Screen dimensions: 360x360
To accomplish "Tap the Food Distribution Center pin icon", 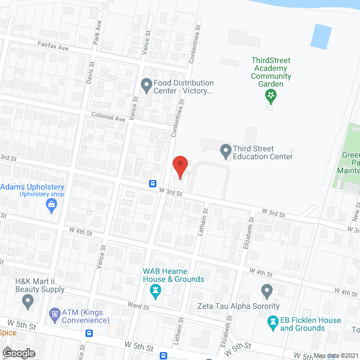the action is pyautogui.click(x=147, y=86).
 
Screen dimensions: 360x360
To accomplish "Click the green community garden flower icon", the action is pyautogui.click(x=271, y=96).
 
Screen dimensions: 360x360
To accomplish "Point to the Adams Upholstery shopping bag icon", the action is pyautogui.click(x=51, y=206).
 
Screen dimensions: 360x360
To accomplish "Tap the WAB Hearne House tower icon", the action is pyautogui.click(x=156, y=291).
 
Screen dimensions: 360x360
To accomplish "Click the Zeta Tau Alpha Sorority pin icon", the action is pyautogui.click(x=267, y=291).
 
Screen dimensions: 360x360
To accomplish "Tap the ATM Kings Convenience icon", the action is pyautogui.click(x=55, y=313).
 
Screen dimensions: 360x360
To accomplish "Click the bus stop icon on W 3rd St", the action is pyautogui.click(x=152, y=183).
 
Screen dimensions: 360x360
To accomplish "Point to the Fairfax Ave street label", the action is pyautogui.click(x=53, y=48).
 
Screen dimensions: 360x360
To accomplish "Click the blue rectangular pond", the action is pyautogui.click(x=321, y=35).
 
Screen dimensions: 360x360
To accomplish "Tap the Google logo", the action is pyautogui.click(x=18, y=353).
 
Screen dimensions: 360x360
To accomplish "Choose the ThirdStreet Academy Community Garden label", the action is pyautogui.click(x=271, y=72).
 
